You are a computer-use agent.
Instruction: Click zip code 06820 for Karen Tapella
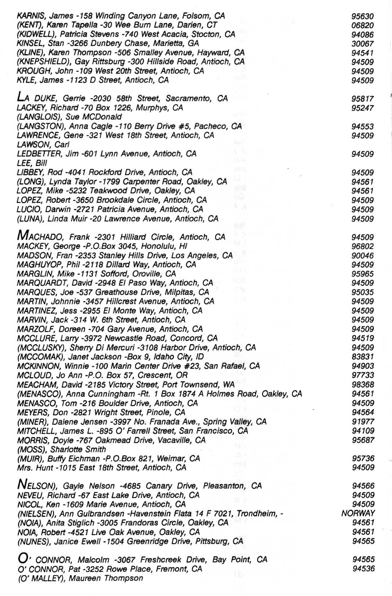(362, 25)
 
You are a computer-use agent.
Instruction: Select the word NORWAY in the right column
(358, 513)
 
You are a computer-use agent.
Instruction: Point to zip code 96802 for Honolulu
(362, 246)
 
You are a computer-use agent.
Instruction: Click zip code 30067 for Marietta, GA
(362, 44)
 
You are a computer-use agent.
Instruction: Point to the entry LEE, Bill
(32, 163)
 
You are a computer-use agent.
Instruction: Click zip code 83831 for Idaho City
(362, 357)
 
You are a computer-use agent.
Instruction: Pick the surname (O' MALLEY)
(41, 578)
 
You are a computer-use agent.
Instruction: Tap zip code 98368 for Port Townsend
(362, 385)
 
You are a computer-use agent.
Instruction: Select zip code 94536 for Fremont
(363, 569)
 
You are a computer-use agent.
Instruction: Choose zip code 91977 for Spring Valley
(362, 422)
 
